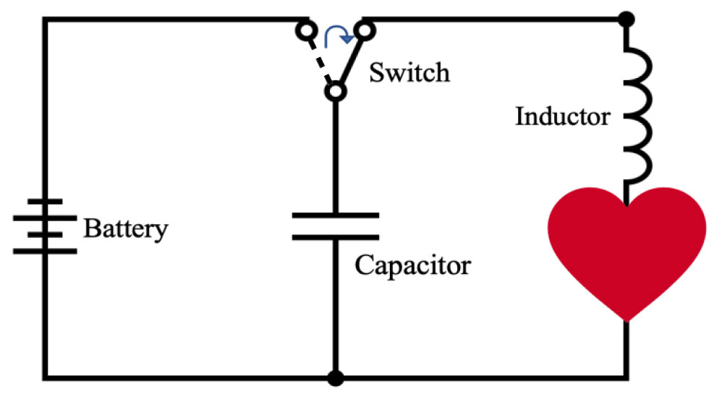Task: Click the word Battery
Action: [126, 229]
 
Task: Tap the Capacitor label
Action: [412, 265]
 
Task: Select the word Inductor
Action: [562, 116]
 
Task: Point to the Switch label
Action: [409, 72]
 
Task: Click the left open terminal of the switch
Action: [305, 31]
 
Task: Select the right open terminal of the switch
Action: [365, 31]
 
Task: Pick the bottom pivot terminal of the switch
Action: [334, 93]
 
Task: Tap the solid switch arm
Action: [350, 62]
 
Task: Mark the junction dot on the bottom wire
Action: [334, 377]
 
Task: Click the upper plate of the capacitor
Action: [334, 215]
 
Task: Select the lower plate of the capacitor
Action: [334, 236]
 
